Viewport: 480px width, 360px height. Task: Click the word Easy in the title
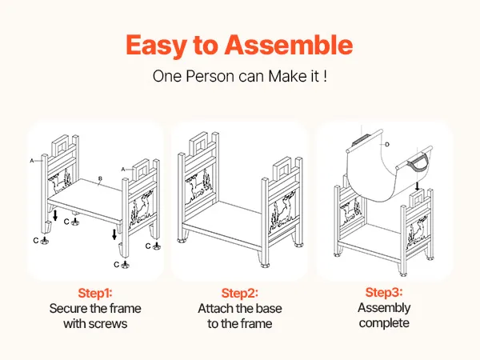(156, 46)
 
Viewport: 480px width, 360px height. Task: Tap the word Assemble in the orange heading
(289, 44)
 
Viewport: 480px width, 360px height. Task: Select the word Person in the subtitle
(210, 76)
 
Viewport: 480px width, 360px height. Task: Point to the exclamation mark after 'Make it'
(325, 76)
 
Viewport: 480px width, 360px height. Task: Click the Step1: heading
(95, 293)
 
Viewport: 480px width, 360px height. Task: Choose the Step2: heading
(240, 293)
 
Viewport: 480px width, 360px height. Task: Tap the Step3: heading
(384, 292)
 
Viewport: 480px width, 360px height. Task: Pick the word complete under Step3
(384, 323)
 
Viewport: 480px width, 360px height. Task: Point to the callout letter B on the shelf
(100, 178)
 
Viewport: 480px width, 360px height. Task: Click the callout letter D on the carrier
(387, 144)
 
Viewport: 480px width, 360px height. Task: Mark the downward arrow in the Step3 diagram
(417, 186)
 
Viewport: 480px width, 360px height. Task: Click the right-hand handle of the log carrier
(419, 163)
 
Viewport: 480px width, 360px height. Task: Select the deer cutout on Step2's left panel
(195, 186)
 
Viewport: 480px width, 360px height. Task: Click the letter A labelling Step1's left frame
(32, 161)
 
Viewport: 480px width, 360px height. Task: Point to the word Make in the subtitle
(285, 76)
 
